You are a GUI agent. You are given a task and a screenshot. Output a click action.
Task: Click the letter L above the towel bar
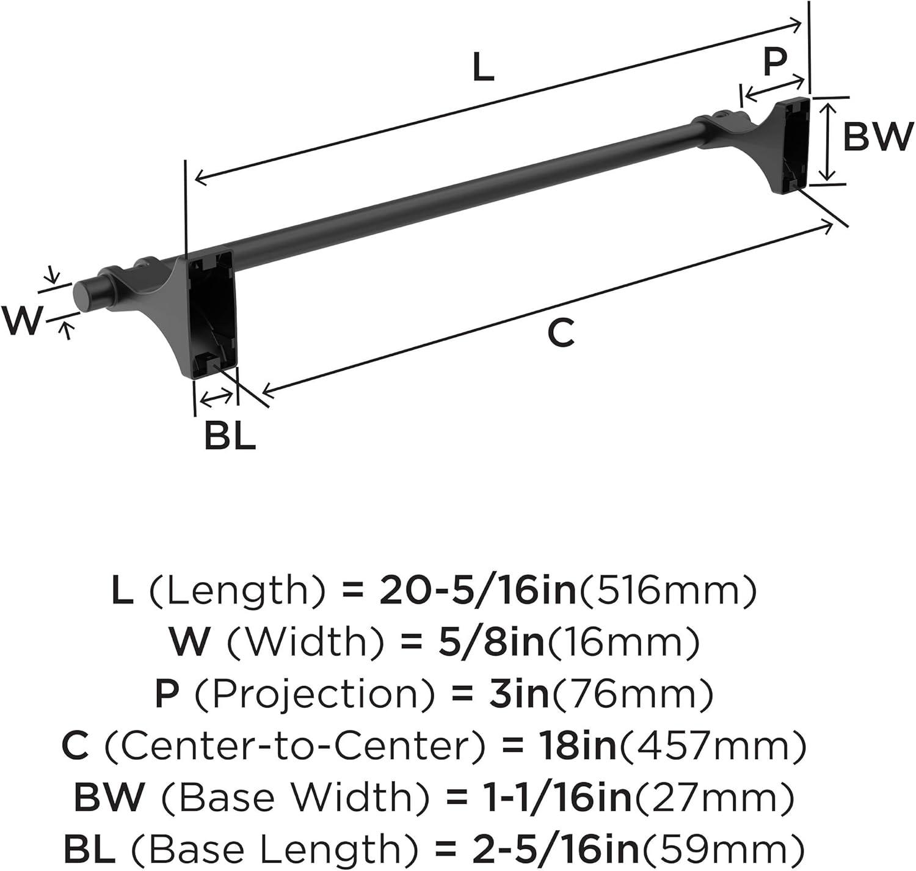click(x=483, y=68)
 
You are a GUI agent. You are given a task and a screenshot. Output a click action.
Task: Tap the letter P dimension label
click(x=775, y=62)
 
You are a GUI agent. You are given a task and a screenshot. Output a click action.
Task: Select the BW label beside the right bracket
click(x=877, y=137)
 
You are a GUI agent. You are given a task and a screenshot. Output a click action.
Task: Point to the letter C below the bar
click(x=560, y=333)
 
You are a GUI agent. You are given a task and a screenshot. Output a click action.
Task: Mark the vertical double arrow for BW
click(x=827, y=142)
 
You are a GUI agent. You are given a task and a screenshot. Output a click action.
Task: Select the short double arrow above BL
click(x=217, y=399)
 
